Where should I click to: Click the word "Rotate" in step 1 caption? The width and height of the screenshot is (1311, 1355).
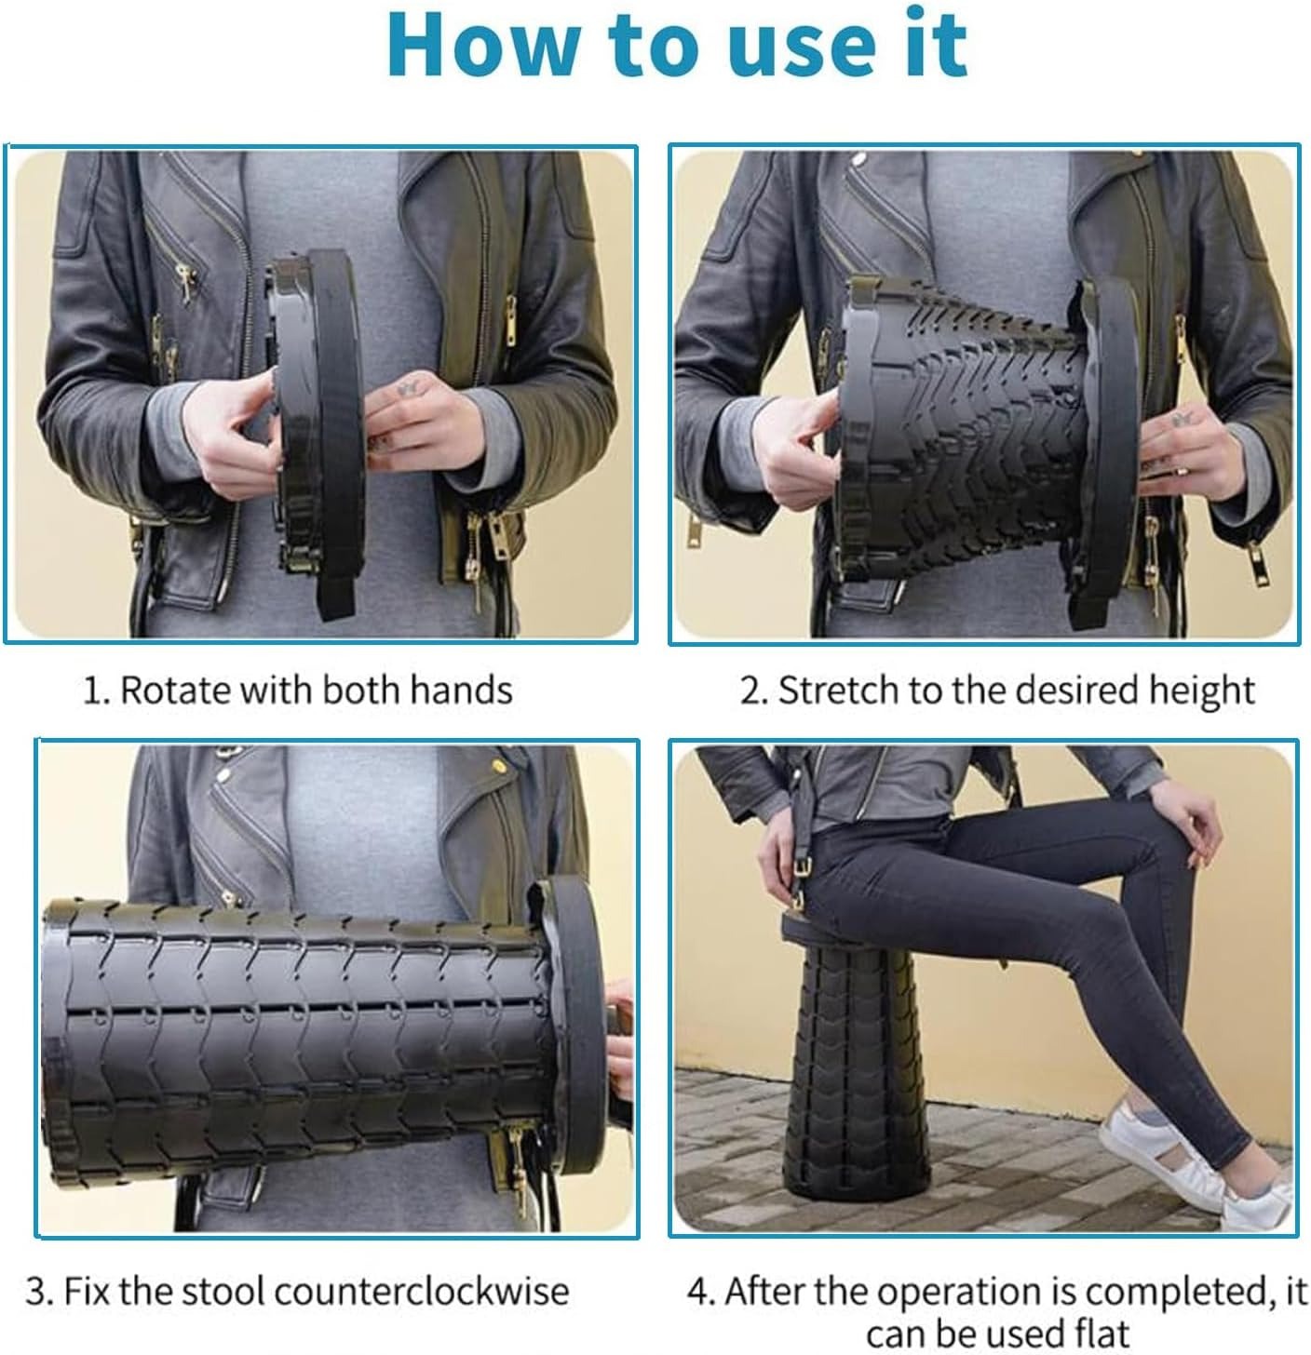[176, 690]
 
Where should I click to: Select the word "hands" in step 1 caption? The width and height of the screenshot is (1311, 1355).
[461, 690]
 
